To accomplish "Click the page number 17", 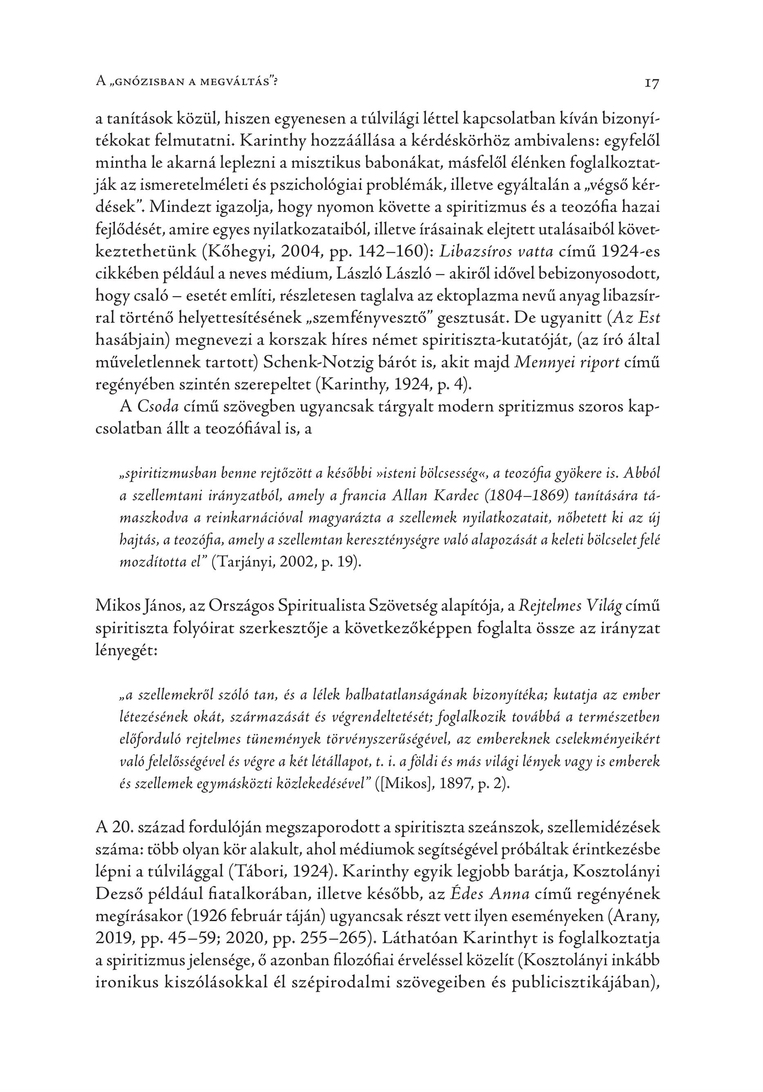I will click(652, 83).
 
